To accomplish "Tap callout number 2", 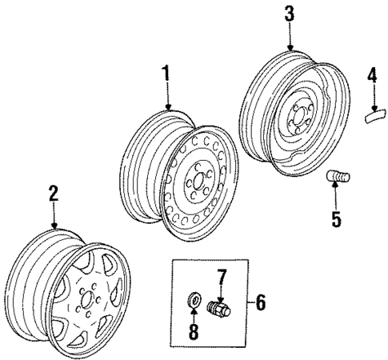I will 53,193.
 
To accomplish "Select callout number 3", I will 290,14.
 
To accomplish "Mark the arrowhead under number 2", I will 54,226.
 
